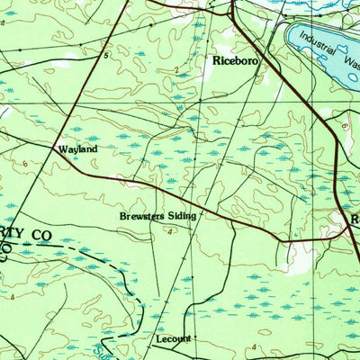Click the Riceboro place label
(237, 62)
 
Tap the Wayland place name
(77, 148)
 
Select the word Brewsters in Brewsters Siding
(145, 217)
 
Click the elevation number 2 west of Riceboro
(176, 69)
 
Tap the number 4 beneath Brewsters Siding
(170, 231)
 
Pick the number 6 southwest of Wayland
(26, 164)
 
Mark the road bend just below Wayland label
(72, 161)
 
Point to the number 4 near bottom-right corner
(255, 346)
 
